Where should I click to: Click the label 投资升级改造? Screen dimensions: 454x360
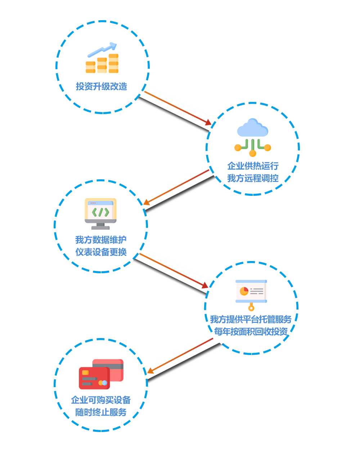pos(102,86)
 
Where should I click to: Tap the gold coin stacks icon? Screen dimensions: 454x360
pos(102,63)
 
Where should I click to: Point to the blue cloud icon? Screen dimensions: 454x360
pos(253,128)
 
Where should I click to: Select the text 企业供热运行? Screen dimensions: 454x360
pos(253,166)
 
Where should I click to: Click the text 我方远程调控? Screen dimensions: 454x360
pos(253,178)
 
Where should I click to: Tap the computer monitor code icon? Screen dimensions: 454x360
pos(100,213)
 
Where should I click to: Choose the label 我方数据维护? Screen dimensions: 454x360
pos(101,240)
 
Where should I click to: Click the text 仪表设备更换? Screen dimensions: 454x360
pos(101,252)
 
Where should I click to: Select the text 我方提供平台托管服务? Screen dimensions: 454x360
pos(251,319)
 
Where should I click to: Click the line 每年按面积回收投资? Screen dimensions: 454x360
pos(251,332)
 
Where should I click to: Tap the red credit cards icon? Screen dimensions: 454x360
pos(101,374)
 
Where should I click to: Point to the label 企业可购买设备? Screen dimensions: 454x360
pos(101,400)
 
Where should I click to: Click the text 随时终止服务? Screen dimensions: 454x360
pos(101,412)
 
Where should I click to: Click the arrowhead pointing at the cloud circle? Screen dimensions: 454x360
pos(208,123)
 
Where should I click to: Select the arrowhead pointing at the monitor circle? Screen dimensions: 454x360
pos(146,202)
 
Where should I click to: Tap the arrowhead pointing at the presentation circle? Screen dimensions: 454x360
pos(205,286)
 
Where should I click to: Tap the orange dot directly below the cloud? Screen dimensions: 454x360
pos(253,153)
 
